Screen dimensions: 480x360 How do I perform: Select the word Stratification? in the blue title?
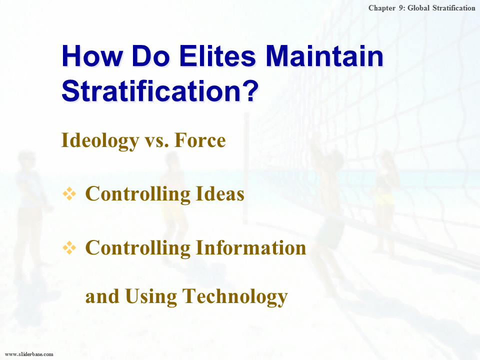point(160,90)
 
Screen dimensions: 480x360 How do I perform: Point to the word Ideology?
point(100,141)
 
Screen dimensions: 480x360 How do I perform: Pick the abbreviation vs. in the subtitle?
point(156,142)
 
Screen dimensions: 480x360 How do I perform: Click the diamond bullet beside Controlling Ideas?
point(69,194)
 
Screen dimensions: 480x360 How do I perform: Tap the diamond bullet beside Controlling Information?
point(69,247)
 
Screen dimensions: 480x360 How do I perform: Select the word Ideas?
point(220,193)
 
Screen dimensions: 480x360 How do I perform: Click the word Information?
point(250,247)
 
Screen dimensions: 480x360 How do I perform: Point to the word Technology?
point(235,297)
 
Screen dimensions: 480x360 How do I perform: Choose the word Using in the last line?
point(151,297)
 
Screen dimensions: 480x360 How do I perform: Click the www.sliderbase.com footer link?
point(29,354)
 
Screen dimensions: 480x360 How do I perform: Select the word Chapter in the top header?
point(382,8)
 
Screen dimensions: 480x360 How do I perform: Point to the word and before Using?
point(102,296)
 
